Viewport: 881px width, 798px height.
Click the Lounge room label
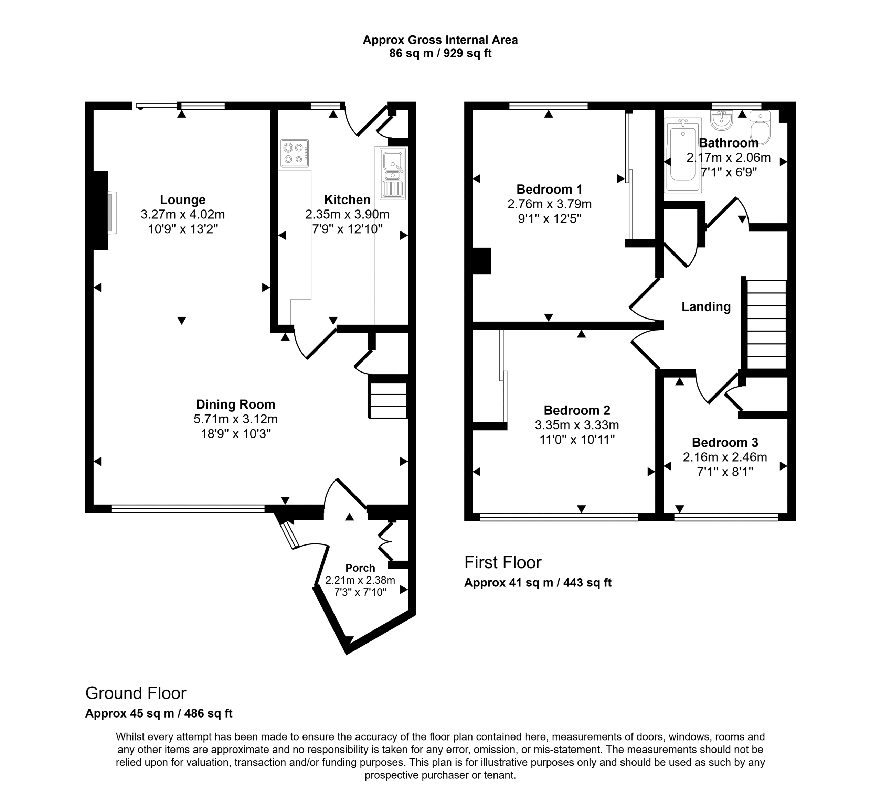(183, 199)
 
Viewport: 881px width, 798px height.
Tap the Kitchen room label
(348, 199)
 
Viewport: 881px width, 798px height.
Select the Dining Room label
(235, 405)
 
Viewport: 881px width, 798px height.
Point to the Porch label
(360, 568)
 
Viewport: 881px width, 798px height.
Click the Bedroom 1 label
(549, 189)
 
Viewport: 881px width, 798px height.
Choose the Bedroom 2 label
(577, 410)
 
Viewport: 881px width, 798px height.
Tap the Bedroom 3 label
(725, 442)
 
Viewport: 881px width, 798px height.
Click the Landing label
(706, 306)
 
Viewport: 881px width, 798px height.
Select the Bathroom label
(729, 143)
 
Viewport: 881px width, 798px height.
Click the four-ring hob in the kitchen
(295, 153)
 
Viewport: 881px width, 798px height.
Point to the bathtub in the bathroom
(682, 155)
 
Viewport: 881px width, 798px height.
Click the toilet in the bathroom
(761, 127)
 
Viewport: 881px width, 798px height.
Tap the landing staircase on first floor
(766, 325)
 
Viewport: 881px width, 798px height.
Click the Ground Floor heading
(136, 693)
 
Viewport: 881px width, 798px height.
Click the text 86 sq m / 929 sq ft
(440, 53)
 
